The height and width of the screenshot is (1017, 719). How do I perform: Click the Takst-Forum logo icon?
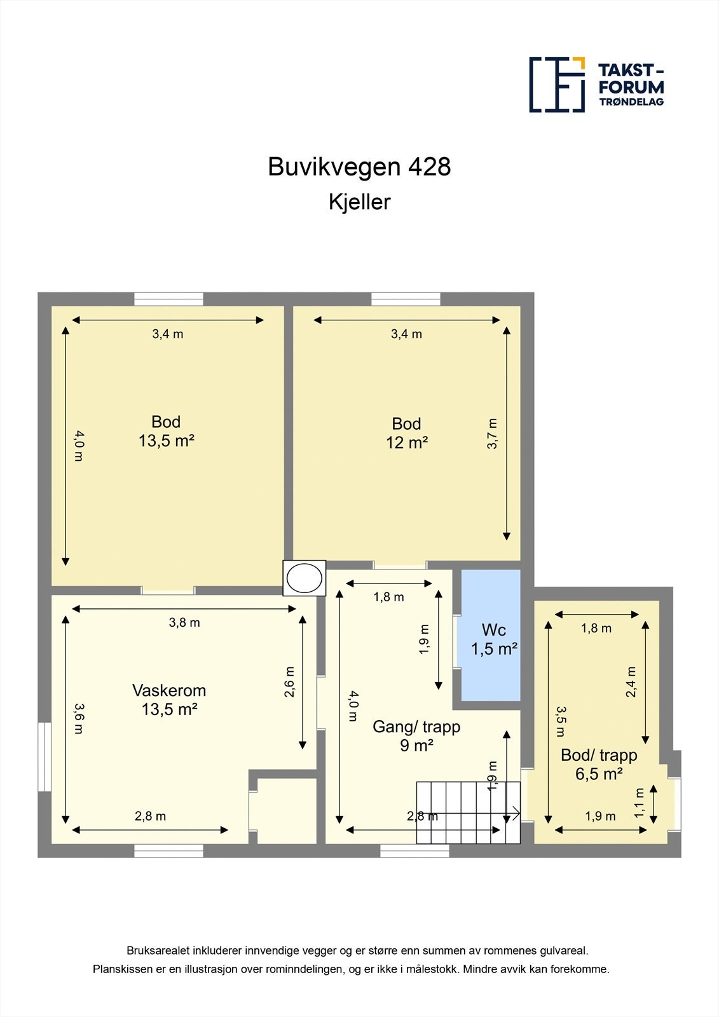557,85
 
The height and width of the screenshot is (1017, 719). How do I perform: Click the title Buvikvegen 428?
359,167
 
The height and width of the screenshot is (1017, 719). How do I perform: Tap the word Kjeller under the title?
359,202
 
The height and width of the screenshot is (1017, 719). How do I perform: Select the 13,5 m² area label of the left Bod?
166,440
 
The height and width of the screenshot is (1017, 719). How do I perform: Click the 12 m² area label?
407,442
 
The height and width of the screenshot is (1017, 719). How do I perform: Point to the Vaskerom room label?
169,690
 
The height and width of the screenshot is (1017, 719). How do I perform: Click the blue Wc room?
490,636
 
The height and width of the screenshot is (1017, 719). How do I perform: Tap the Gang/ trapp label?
416,727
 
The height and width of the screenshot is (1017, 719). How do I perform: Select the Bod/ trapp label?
599,755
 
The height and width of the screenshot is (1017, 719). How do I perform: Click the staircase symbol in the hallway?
468,812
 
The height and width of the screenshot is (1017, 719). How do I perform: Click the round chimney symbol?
304,578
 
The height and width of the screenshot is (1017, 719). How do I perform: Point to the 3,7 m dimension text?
492,434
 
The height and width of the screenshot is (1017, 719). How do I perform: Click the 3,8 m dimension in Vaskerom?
184,623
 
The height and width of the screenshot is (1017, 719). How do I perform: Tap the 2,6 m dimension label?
290,682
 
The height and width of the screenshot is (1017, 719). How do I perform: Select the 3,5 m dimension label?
560,721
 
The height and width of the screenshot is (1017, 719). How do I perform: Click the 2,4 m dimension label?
631,682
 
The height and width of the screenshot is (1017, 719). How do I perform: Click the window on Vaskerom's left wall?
44,756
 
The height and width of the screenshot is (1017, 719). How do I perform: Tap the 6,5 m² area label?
599,774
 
